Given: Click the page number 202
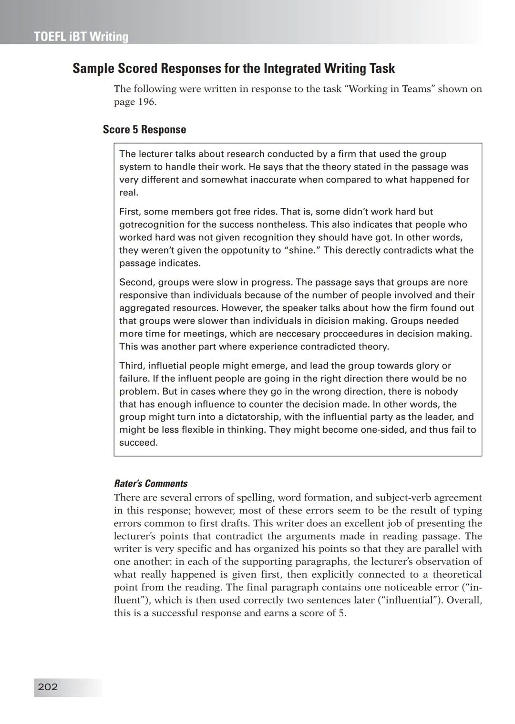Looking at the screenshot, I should [48, 687].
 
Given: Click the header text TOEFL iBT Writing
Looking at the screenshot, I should [81, 37].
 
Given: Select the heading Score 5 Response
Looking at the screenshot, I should [144, 130].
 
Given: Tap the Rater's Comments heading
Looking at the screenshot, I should [151, 483].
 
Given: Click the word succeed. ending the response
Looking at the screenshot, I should [138, 443].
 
